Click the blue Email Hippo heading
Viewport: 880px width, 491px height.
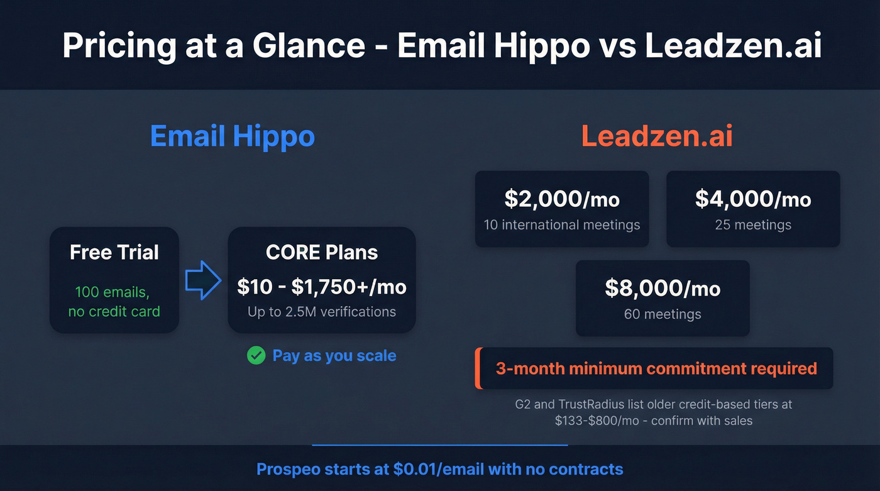pos(233,136)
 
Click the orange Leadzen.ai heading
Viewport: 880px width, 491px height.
pos(657,136)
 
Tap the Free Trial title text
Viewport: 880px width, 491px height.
pos(114,252)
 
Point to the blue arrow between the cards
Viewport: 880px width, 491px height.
pos(203,281)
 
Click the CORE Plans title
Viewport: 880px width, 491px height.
pos(322,252)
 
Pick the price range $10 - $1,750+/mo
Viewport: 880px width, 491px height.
pos(322,287)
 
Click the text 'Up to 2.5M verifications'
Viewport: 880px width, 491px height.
pos(322,311)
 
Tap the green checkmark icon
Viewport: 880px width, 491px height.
pos(256,356)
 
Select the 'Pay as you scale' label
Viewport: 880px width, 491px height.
pos(334,356)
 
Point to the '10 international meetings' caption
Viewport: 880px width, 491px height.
pos(562,224)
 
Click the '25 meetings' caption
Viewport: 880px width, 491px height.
pos(753,224)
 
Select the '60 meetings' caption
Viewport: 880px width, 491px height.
pos(663,314)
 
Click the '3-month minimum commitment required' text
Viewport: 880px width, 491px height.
pos(656,368)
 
